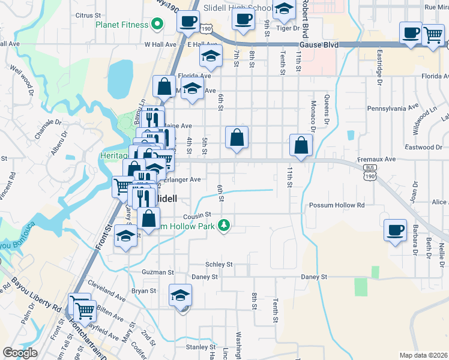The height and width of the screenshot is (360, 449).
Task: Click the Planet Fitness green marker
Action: click(x=158, y=25)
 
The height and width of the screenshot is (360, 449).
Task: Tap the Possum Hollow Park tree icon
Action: click(x=224, y=225)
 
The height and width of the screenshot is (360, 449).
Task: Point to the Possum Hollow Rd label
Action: click(x=337, y=205)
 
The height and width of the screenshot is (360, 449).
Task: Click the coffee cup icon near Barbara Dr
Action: click(x=394, y=230)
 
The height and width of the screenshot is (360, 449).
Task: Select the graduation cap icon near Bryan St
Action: click(x=180, y=295)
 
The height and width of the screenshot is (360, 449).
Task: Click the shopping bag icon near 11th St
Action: click(x=301, y=145)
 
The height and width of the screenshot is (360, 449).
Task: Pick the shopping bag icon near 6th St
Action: click(x=237, y=137)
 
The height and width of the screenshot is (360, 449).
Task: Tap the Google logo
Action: click(x=20, y=353)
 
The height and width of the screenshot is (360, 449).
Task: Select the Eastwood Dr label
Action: click(x=423, y=147)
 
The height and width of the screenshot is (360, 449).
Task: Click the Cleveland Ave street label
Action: click(x=106, y=289)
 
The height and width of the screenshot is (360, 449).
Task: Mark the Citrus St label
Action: click(x=89, y=14)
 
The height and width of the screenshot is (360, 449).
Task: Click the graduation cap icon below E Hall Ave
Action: click(x=210, y=57)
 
